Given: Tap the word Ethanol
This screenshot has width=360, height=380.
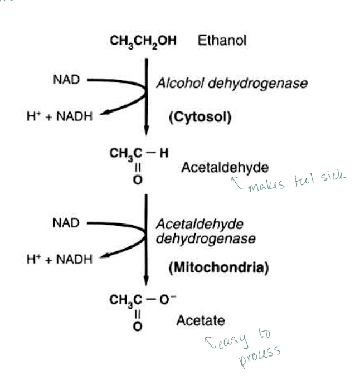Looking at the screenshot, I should pos(222,41).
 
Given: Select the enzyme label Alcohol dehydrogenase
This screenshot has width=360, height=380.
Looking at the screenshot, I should pos(231,84).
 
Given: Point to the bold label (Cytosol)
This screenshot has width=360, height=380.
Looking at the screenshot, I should pos(200,117).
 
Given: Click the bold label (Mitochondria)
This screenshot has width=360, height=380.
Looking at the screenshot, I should pos(218,267).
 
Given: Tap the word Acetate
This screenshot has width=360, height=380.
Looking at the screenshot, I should pos(201,320).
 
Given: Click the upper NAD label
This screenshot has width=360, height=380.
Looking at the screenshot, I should pos(66,80).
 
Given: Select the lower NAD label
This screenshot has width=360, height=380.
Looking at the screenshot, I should pos(66,223).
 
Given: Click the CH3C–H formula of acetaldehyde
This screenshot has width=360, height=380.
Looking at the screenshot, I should pos(139,153).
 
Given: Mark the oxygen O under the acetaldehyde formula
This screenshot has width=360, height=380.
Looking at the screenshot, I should pos(138,179).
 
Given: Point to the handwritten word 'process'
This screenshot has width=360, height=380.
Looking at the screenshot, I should pos(260,355).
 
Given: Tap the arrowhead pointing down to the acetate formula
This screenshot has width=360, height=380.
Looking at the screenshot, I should pos(147,280).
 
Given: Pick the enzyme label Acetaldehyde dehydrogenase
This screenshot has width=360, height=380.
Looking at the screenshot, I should pos(206,231).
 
